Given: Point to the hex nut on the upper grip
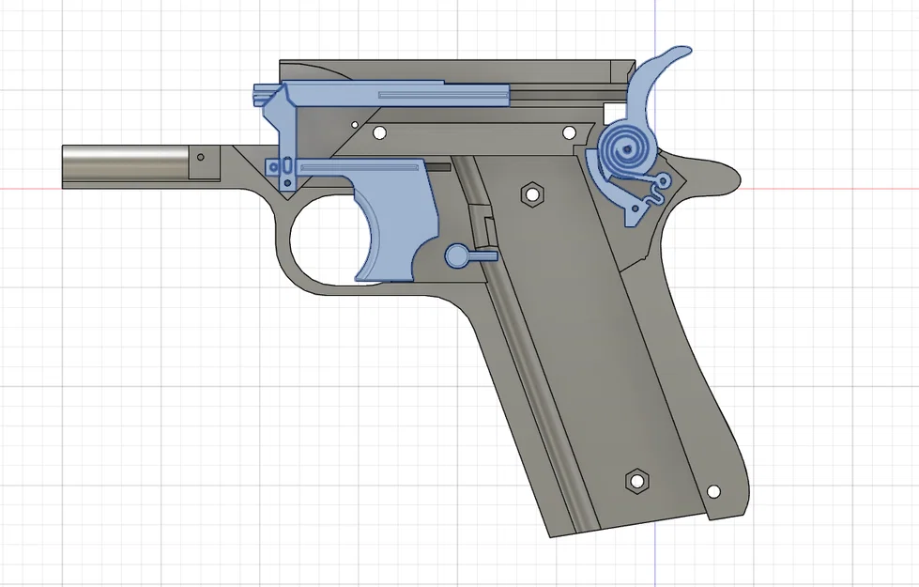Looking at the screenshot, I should click(x=530, y=193).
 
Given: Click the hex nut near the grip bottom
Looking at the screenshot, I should click(x=636, y=481).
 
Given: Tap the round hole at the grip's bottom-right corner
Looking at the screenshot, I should click(x=713, y=491).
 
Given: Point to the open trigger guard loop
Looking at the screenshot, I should click(x=319, y=244).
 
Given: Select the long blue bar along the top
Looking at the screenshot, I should click(x=394, y=94).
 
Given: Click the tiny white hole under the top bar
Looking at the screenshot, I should click(x=354, y=123).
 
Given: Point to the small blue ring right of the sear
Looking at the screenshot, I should click(x=665, y=179).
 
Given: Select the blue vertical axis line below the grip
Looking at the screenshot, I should click(x=654, y=564).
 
